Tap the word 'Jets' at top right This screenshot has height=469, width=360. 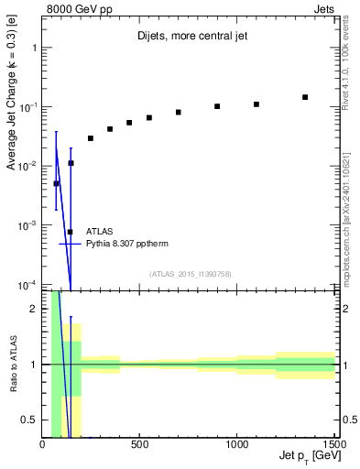tap(322, 8)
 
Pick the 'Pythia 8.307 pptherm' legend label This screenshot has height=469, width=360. tap(123, 245)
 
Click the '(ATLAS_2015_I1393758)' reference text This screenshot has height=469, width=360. tap(190, 273)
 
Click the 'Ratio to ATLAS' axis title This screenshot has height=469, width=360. tap(12, 364)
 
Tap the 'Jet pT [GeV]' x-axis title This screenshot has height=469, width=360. tap(304, 455)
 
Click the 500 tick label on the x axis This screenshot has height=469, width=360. tap(139, 445)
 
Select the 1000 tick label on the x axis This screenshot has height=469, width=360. tap(236, 445)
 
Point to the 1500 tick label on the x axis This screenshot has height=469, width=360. tap(333, 445)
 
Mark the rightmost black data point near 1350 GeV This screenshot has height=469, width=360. tap(305, 97)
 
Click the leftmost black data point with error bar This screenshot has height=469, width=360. tap(56, 183)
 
